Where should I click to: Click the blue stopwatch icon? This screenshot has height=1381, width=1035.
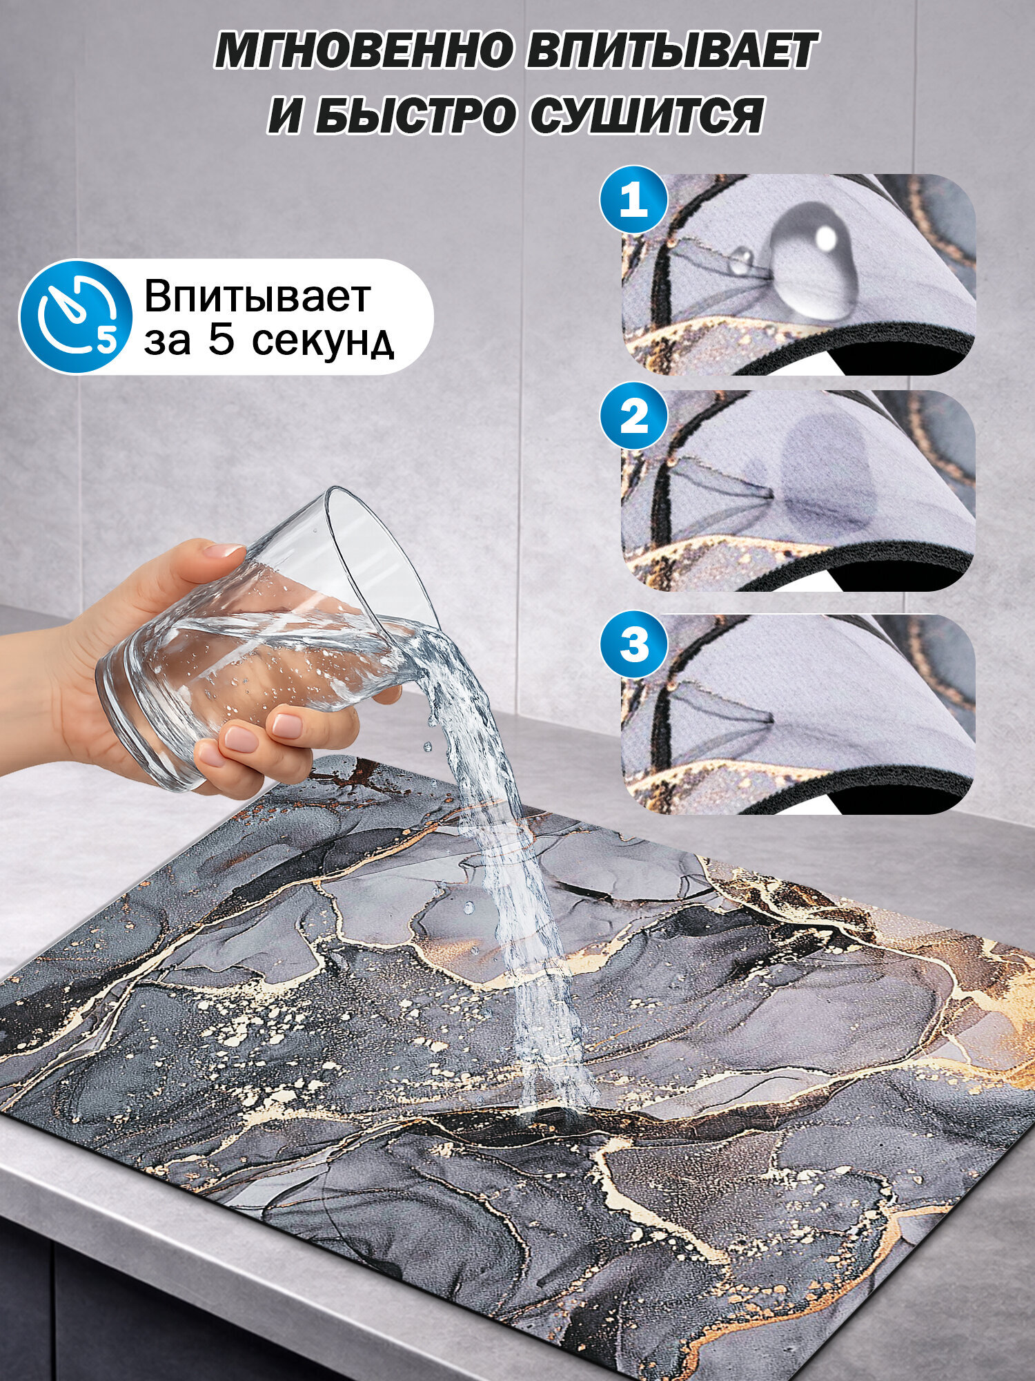coord(75,317)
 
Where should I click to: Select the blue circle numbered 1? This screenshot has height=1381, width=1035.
coord(634,202)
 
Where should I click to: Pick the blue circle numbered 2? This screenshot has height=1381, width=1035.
coord(634,418)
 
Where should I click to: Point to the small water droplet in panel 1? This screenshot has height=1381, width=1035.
coord(741,260)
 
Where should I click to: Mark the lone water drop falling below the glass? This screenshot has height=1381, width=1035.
coord(428,746)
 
